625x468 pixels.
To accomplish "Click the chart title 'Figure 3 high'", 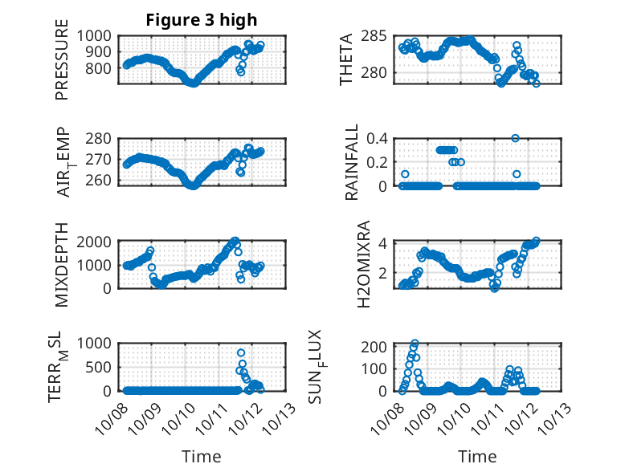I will (201, 20).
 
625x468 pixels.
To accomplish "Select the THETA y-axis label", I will (346, 60).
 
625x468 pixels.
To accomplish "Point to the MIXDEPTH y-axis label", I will (63, 265).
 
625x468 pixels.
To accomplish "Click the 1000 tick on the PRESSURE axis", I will (99, 36).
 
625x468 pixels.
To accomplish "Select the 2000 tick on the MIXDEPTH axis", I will (99, 242).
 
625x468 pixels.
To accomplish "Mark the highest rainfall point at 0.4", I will (515, 138).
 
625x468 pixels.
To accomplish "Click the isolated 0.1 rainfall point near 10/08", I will (405, 174).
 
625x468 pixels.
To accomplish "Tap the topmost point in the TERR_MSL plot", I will (240, 352).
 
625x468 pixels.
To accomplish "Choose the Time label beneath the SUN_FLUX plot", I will (477, 456).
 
